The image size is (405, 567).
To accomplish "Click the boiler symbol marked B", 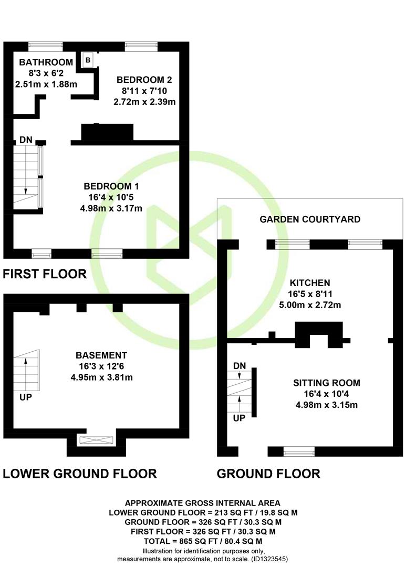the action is (x=88, y=60).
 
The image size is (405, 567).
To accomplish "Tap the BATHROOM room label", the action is (x=46, y=62).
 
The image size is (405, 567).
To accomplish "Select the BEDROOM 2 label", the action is (x=144, y=80).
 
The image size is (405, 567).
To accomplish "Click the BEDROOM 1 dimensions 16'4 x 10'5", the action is (x=111, y=197).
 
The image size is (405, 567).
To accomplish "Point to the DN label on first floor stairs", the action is (x=26, y=140).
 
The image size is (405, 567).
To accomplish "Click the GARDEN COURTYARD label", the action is (x=310, y=219).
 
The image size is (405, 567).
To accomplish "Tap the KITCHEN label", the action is (x=310, y=283).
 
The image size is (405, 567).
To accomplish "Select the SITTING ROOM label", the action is (x=326, y=383).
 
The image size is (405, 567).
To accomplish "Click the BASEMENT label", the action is (x=101, y=355).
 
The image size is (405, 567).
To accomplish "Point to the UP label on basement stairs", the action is (x=25, y=397).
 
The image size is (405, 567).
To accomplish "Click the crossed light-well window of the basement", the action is (x=96, y=440).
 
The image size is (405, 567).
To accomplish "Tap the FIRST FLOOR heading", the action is (x=45, y=274).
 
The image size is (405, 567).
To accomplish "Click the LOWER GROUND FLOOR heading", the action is (x=80, y=474).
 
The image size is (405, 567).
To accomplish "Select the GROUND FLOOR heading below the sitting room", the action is (x=268, y=474).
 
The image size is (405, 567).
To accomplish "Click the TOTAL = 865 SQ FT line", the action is (x=203, y=541).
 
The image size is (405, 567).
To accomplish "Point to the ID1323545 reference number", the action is (x=269, y=559).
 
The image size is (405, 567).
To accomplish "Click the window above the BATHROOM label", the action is (x=46, y=46).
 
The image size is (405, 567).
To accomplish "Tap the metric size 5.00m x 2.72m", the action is (x=310, y=305).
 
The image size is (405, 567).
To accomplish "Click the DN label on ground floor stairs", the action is (x=239, y=365).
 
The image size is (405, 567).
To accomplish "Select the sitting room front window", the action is (x=299, y=451).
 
